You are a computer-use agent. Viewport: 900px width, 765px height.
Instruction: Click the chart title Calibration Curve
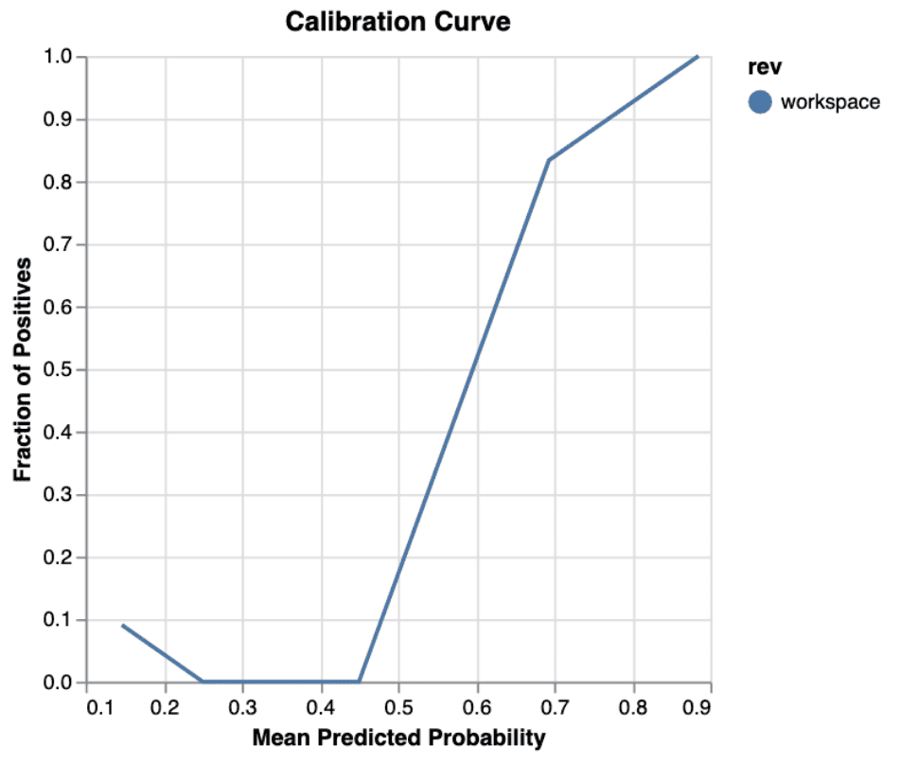(397, 22)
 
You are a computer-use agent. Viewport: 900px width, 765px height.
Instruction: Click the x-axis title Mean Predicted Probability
(398, 737)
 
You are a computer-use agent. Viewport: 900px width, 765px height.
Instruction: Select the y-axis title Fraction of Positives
(24, 369)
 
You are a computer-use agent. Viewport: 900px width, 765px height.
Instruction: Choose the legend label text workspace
(830, 102)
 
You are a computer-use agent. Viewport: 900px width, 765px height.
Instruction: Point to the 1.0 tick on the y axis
(62, 57)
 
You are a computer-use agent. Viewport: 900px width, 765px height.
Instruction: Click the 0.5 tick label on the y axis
(62, 369)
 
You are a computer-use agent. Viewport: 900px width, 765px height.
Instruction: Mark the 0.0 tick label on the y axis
(62, 683)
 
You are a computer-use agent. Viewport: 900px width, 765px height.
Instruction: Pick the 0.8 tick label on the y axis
(62, 182)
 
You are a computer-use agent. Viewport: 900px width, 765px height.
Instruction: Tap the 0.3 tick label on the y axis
(62, 495)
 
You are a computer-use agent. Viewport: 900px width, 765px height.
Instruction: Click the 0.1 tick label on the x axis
(87, 706)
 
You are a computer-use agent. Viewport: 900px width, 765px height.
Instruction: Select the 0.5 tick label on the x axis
(398, 706)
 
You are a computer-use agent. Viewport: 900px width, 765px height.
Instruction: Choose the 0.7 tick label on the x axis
(555, 706)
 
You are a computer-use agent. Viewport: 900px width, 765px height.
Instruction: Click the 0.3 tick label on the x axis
(243, 706)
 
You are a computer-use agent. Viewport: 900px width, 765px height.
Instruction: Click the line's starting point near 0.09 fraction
(122, 625)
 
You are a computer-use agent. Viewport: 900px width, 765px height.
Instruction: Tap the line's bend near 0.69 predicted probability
(548, 159)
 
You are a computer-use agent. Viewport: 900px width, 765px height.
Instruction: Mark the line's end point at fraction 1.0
(697, 57)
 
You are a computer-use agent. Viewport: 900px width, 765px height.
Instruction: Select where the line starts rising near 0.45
(360, 682)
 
